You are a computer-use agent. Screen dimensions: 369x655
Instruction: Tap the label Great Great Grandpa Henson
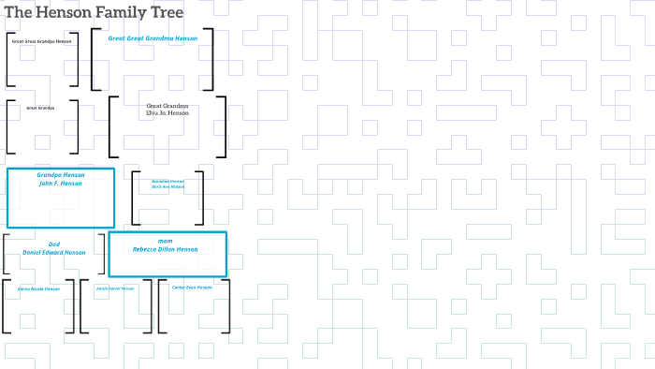[41, 42]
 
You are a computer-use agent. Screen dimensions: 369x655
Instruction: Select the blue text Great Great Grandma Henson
[153, 38]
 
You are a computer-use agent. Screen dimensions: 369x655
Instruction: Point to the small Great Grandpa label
[40, 109]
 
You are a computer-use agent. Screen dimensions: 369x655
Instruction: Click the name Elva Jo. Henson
[167, 113]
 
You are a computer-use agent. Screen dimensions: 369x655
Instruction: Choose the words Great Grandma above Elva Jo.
[167, 106]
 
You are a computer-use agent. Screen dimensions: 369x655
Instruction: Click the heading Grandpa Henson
[61, 175]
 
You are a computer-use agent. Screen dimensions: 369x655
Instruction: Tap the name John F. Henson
[61, 184]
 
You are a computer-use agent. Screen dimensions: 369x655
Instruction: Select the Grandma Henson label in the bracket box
[168, 181]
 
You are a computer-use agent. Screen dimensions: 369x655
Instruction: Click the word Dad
[54, 244]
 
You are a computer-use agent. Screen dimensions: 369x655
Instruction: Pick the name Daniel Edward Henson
[54, 253]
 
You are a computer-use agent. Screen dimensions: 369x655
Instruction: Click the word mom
[166, 242]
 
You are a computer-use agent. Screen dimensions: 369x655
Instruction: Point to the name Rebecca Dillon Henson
[166, 250]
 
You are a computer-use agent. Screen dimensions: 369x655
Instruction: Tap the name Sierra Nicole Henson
[38, 288]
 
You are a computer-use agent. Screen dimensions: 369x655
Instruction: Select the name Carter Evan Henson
[192, 288]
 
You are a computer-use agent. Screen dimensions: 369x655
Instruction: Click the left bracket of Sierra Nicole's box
[5, 305]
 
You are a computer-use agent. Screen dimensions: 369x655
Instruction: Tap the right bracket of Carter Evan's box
[227, 305]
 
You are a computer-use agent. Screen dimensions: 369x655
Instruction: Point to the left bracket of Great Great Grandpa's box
[8, 60]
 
